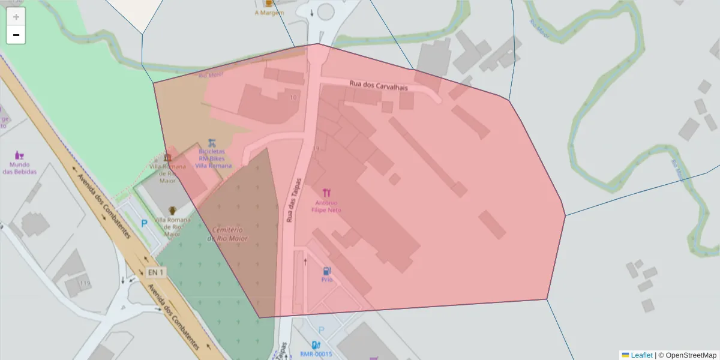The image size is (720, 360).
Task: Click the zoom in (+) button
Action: coord(16,17)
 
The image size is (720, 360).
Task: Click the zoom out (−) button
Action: coord(16,35)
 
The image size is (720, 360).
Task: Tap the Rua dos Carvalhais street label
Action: coord(379,87)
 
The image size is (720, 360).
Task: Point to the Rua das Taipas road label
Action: coord(295,197)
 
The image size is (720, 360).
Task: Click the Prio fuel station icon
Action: coord(326,271)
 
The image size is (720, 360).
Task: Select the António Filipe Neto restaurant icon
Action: coord(326,193)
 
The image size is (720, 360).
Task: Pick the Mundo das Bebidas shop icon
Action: coord(20,155)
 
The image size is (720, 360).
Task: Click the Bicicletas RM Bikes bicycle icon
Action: coord(212,143)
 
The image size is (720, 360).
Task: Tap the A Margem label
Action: coord(268,12)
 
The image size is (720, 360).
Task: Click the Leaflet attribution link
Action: coord(641,355)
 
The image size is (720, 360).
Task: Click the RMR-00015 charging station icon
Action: coord(316,345)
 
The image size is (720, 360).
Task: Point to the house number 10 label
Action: coord(293,97)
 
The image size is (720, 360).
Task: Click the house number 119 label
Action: coord(85,283)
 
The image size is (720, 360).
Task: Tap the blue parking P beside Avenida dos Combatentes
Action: coord(144,223)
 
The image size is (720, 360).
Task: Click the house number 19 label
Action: coord(316,148)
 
